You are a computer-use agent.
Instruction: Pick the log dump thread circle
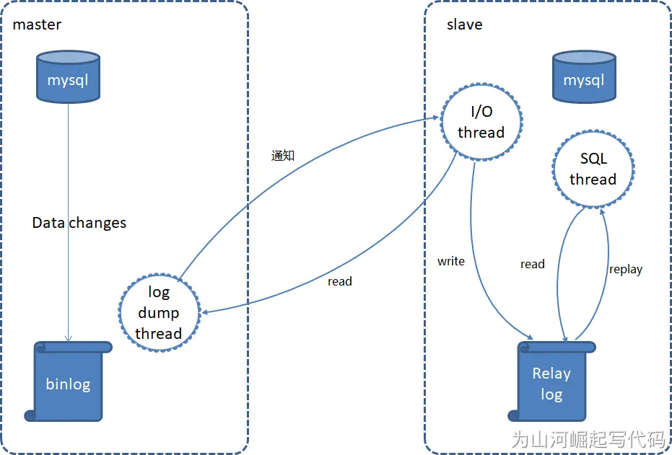(x=158, y=312)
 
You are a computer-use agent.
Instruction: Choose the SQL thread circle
(x=593, y=169)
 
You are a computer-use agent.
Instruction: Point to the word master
(x=37, y=25)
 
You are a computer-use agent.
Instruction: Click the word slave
(x=464, y=25)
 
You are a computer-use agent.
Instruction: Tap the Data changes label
(x=79, y=223)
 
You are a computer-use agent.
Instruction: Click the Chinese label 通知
(x=282, y=155)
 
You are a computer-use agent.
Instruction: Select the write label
(x=451, y=261)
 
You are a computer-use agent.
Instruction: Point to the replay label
(x=625, y=269)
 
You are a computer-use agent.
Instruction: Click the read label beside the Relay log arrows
(x=532, y=264)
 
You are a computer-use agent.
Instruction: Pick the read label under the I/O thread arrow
(x=339, y=281)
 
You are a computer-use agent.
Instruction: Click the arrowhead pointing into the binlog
(x=69, y=338)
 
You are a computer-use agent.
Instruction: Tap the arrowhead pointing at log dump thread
(x=206, y=312)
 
